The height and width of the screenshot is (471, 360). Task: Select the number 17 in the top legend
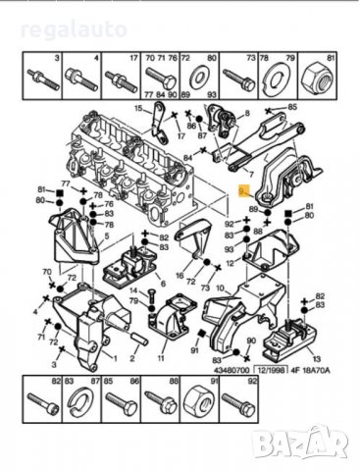click(134, 59)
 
